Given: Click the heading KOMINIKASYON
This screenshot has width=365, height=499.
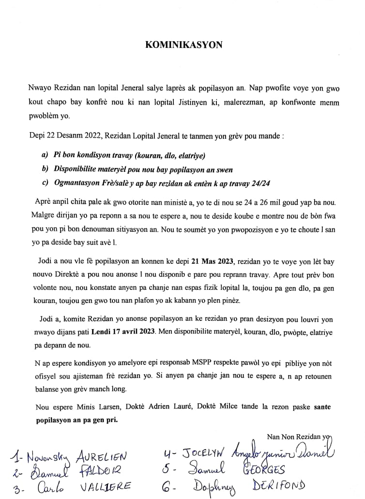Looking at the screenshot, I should pos(183,45).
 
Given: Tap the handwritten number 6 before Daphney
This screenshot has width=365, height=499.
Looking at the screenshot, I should pos(167,485).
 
